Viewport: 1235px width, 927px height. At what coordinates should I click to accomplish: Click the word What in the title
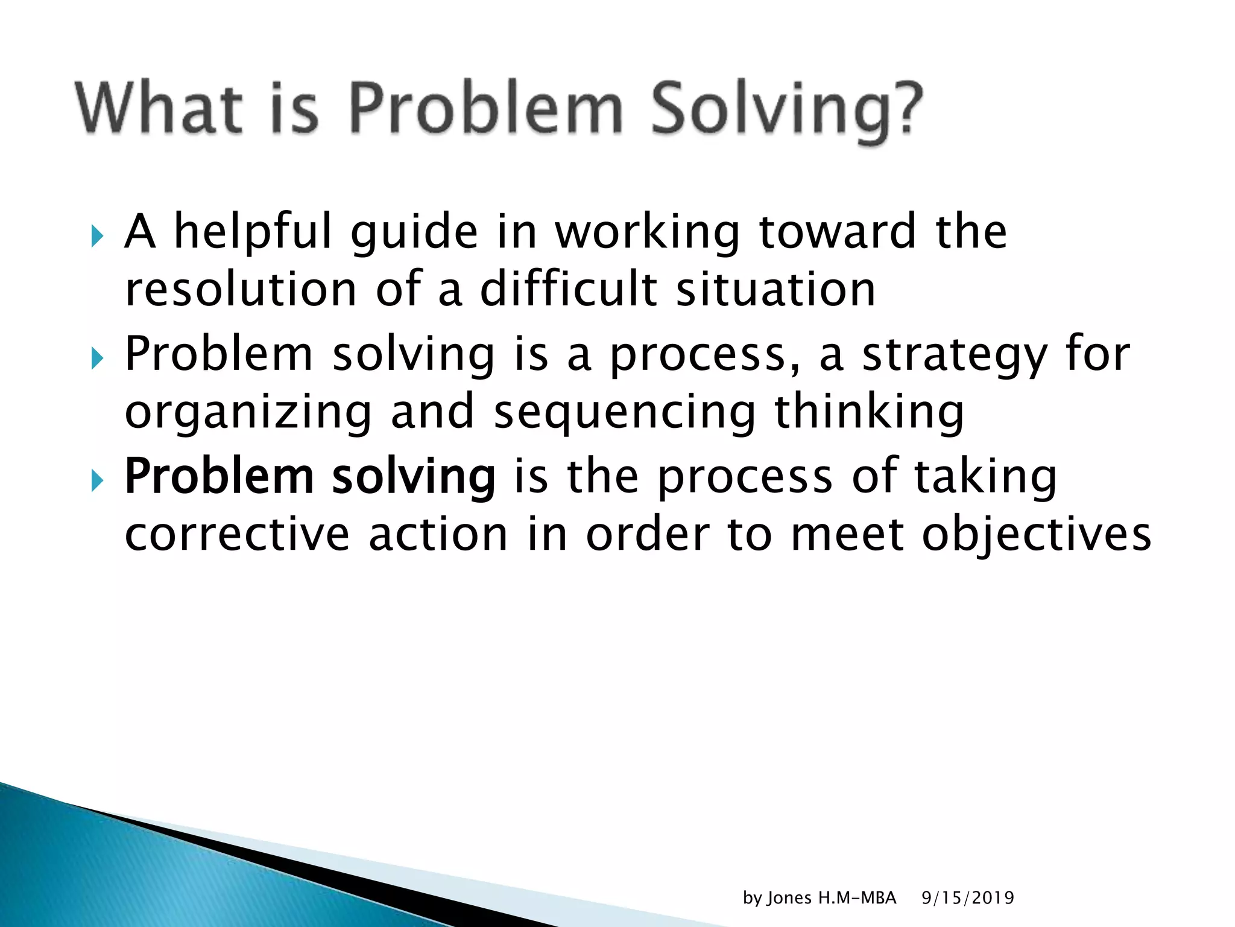point(159,109)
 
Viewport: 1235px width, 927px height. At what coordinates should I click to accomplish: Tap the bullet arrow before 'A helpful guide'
point(97,236)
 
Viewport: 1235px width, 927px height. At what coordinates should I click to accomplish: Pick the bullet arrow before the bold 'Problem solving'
point(97,481)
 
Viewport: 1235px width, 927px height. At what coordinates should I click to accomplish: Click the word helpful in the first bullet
point(253,232)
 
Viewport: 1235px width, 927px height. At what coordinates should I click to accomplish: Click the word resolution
point(241,290)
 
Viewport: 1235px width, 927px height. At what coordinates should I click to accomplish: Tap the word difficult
point(568,290)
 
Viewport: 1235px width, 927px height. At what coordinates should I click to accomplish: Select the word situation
point(775,290)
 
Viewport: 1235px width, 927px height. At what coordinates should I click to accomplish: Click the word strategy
point(955,356)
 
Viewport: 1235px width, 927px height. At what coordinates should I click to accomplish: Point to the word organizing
point(248,414)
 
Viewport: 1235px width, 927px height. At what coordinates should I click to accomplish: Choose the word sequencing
point(624,414)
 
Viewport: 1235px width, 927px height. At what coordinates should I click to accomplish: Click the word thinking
point(869,414)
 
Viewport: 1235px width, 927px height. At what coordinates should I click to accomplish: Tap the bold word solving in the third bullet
point(414,477)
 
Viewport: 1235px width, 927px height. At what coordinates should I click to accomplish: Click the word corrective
point(237,535)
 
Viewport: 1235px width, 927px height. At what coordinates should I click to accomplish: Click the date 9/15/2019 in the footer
point(967,898)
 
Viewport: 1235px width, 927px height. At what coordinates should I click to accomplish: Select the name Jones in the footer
point(789,898)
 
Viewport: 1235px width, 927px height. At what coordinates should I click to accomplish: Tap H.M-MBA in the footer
point(857,898)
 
